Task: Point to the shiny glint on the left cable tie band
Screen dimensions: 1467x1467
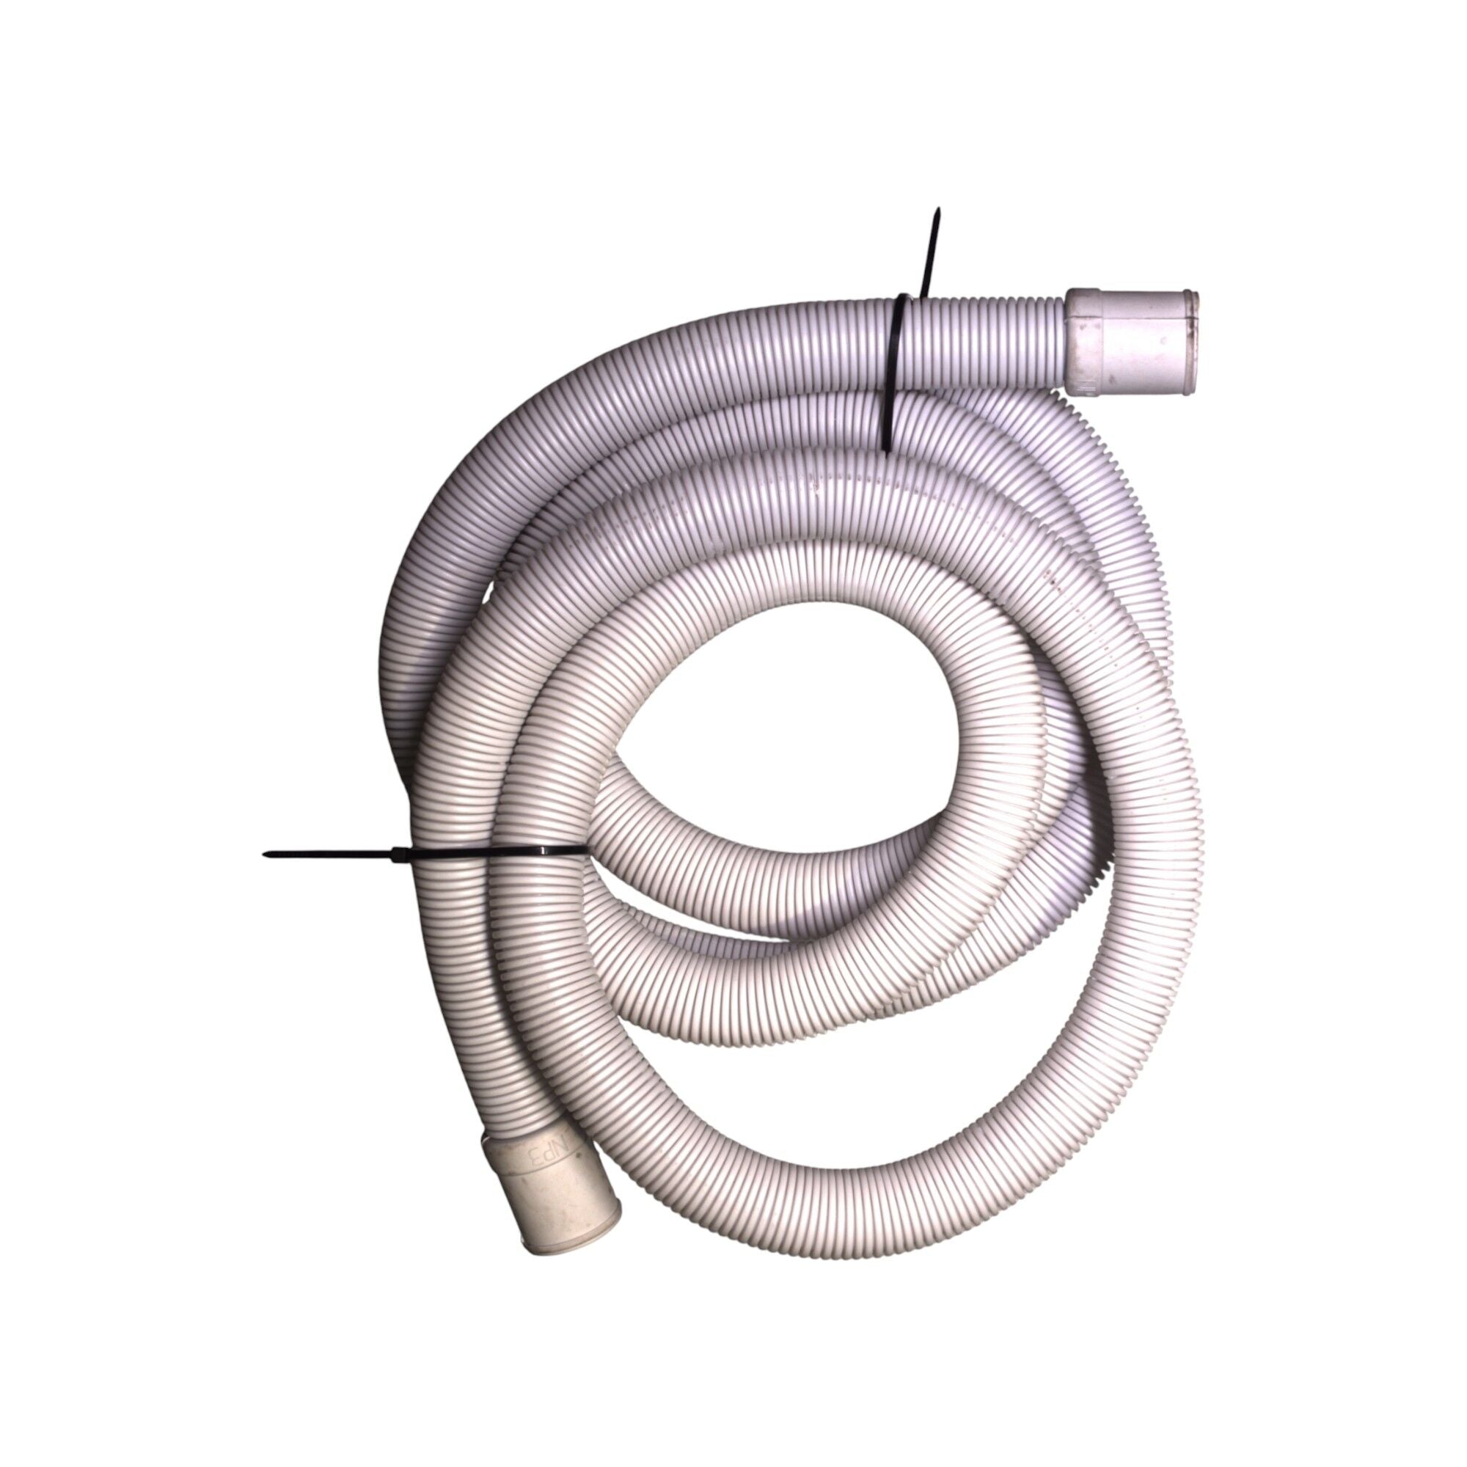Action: tap(532, 852)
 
